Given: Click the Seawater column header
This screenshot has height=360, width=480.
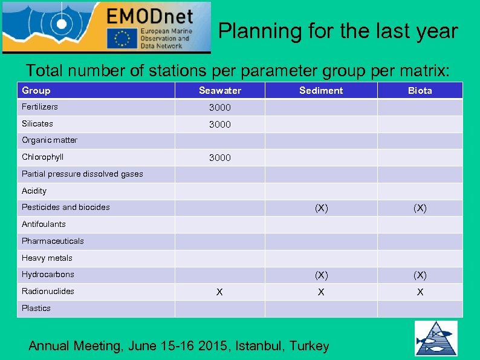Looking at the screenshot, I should [x=219, y=91].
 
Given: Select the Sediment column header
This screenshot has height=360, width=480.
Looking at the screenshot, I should [x=320, y=91].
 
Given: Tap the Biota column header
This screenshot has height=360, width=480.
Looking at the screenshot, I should [x=420, y=91].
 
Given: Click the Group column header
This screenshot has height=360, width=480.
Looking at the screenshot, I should [x=36, y=91].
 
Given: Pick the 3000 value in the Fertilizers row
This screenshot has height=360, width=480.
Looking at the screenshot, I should [x=219, y=108].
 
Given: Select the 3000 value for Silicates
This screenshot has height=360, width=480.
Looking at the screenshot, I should [x=219, y=125].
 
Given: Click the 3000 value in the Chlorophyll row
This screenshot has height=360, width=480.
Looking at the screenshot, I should [x=219, y=158].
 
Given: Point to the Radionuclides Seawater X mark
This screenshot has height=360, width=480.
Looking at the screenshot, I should [x=219, y=292].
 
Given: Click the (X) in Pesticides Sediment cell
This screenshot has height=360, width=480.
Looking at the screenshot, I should [x=321, y=208].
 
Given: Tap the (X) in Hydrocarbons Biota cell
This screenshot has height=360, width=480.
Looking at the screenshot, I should [x=420, y=275].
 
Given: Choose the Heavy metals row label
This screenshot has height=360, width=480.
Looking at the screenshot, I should [x=47, y=258].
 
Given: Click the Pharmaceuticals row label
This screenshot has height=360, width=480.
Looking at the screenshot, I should [x=53, y=241].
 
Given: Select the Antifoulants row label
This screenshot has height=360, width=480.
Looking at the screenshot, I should [x=44, y=224].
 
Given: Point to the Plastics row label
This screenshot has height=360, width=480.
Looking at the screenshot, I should [x=36, y=308].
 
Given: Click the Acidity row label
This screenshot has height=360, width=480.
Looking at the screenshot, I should [x=34, y=191].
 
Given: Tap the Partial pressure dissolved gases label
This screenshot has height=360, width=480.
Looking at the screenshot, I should [x=82, y=174].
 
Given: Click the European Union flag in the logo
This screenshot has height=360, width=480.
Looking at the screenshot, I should [x=122, y=38].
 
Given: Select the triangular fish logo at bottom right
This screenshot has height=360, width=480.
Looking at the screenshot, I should [x=435, y=338].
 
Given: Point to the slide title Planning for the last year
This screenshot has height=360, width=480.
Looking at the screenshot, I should [x=338, y=31].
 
